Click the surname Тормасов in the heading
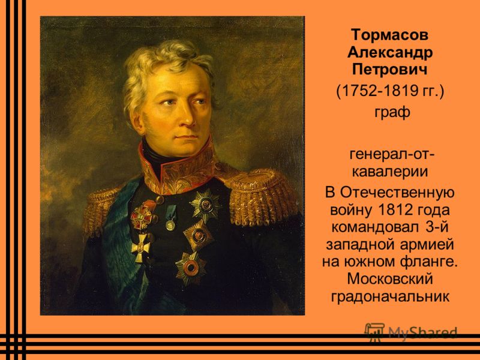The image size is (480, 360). [x=389, y=35]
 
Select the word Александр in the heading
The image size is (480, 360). [x=389, y=53]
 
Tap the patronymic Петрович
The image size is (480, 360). [x=389, y=70]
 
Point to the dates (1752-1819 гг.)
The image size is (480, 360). [x=389, y=91]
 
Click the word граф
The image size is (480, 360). [x=392, y=112]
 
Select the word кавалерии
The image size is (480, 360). [x=389, y=172]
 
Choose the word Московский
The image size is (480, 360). [x=390, y=279]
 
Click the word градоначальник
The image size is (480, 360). [x=390, y=296]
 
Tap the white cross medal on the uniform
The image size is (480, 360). [x=141, y=247]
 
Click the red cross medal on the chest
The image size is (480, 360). [x=142, y=217]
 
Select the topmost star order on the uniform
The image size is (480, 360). [x=205, y=205]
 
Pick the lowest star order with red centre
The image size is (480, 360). [x=190, y=268]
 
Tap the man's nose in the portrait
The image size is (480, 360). [x=188, y=118]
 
